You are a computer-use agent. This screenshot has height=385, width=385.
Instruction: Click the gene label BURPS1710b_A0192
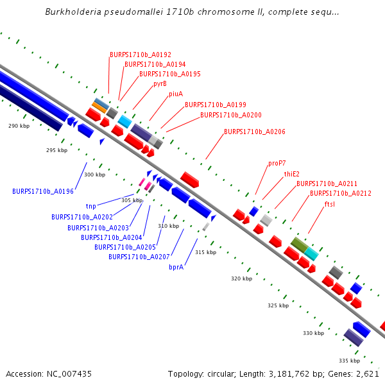pyautogui.click(x=141, y=55)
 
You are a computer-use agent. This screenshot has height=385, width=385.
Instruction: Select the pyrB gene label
pyautogui.click(x=160, y=83)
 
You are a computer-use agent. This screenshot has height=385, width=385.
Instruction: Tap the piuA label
pyautogui.click(x=176, y=94)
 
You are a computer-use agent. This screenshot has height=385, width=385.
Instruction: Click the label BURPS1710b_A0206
pyautogui.click(x=255, y=132)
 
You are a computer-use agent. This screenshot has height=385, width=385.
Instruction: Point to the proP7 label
pyautogui.click(x=277, y=163)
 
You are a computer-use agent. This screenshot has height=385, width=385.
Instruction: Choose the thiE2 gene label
pyautogui.click(x=292, y=174)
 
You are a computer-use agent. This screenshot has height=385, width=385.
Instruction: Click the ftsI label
pyautogui.click(x=330, y=204)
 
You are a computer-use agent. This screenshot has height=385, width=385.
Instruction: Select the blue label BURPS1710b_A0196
pyautogui.click(x=43, y=191)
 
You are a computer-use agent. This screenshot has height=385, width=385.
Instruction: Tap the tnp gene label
pyautogui.click(x=90, y=207)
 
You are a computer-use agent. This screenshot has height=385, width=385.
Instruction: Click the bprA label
pyautogui.click(x=176, y=267)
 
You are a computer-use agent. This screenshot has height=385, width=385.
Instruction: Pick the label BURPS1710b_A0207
pyautogui.click(x=139, y=257)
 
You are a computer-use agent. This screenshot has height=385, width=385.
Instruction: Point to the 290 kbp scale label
pyautogui.click(x=19, y=126)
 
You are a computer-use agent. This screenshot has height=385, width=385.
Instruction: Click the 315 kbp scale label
pyautogui.click(x=205, y=252)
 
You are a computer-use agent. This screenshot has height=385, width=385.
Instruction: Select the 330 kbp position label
pyautogui.click(x=313, y=333)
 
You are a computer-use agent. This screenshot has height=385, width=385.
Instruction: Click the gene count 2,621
pyautogui.click(x=367, y=373)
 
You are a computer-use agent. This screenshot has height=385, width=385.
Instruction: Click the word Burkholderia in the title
pyautogui.click(x=75, y=12)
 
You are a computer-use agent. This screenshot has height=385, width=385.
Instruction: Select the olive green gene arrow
pyautogui.click(x=299, y=244)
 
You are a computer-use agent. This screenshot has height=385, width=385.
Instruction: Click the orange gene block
pyautogui.click(x=99, y=106)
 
